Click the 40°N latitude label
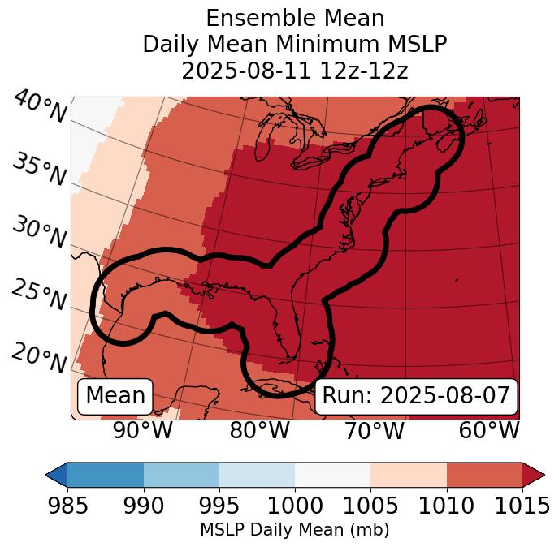39,108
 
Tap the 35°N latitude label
39,170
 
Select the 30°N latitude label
39,233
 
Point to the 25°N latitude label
39,295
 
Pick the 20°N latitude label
39,357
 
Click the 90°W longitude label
142,430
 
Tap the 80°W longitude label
259,430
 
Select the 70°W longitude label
374,430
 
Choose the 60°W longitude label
488,430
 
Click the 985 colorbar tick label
68,506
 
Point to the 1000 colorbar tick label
295,506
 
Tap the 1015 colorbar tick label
522,506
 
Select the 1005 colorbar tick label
370,506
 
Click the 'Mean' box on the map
115,396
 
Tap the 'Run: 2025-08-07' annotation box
416,396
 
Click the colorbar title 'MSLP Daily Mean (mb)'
294,530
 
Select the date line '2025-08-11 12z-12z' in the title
294,71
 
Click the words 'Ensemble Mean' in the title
294,18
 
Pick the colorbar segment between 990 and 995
181,475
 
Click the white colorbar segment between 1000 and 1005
332,475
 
